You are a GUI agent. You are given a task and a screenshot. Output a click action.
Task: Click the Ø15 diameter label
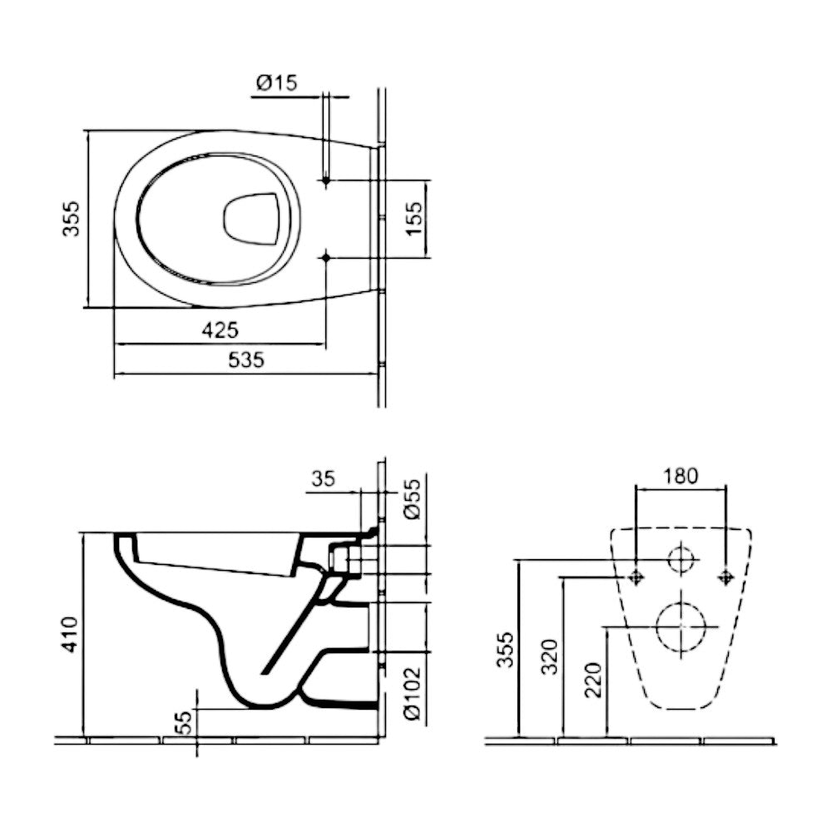[x=276, y=83]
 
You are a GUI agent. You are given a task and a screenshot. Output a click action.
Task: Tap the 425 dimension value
[x=220, y=330]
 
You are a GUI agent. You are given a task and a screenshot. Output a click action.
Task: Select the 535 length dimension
[x=246, y=359]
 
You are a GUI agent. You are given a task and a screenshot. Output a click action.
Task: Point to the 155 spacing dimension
[x=414, y=219]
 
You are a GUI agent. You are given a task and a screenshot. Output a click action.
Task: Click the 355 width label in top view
[x=71, y=218]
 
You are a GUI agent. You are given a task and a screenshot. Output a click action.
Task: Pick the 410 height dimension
[x=70, y=634]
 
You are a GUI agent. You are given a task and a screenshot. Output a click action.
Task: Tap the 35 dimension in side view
[x=323, y=478]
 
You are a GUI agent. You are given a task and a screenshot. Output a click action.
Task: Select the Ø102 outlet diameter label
[x=413, y=694]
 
